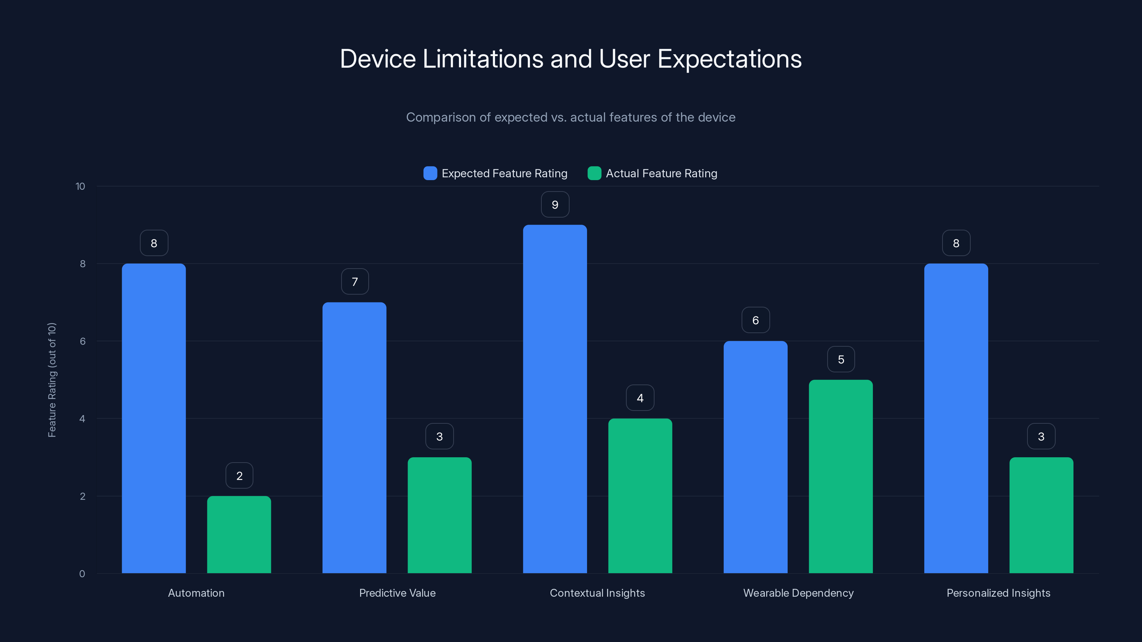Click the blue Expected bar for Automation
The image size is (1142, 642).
tap(154, 418)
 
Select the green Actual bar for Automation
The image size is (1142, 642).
tap(239, 534)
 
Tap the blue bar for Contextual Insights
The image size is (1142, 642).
tap(555, 399)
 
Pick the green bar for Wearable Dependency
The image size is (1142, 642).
tap(840, 476)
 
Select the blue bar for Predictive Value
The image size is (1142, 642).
tap(354, 438)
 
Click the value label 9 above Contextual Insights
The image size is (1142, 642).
tap(555, 205)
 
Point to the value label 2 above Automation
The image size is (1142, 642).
tap(239, 476)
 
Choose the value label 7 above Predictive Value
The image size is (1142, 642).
tap(355, 282)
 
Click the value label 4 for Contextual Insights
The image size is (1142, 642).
tap(640, 398)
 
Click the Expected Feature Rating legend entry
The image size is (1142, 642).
tap(504, 173)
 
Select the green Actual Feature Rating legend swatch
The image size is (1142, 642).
tap(594, 173)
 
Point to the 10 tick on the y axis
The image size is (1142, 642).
tap(80, 186)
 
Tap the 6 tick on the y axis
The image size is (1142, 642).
tap(82, 341)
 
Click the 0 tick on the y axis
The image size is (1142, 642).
tap(82, 574)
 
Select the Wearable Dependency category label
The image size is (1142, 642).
tap(798, 593)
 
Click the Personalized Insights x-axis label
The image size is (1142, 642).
tap(999, 593)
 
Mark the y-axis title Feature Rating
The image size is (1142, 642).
tap(52, 380)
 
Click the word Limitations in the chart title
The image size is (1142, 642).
tap(483, 59)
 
